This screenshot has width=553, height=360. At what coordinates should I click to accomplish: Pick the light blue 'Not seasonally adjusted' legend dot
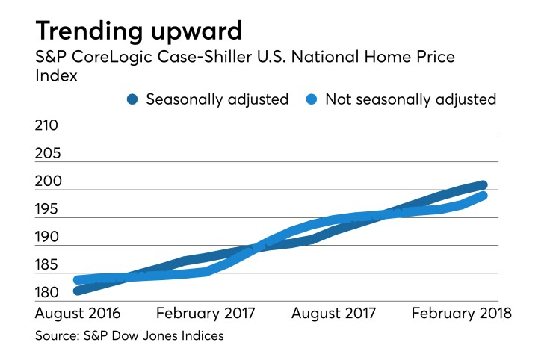coord(312,99)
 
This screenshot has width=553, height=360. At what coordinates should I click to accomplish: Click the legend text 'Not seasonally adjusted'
coord(411,99)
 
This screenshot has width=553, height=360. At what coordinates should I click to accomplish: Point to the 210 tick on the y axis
coord(47,125)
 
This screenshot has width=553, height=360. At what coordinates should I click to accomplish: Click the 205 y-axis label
coord(48,154)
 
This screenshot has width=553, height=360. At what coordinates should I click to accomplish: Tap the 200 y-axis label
coord(48,181)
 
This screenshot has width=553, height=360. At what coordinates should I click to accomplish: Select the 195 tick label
coord(47,209)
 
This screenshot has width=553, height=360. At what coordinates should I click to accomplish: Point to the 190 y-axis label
coord(47,237)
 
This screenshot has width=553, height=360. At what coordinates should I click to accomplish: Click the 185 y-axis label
coord(47,264)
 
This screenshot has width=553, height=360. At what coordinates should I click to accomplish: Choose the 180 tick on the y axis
coord(47,292)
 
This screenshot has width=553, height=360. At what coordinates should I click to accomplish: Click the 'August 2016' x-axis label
coord(78,313)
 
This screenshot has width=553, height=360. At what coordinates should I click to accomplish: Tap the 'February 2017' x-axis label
coord(206,313)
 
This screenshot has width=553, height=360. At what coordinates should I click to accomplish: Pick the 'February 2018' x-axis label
coord(462,313)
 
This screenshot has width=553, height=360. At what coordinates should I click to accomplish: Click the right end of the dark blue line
coord(484,185)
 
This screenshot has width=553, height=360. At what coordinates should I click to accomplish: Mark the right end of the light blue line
coord(484,196)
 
